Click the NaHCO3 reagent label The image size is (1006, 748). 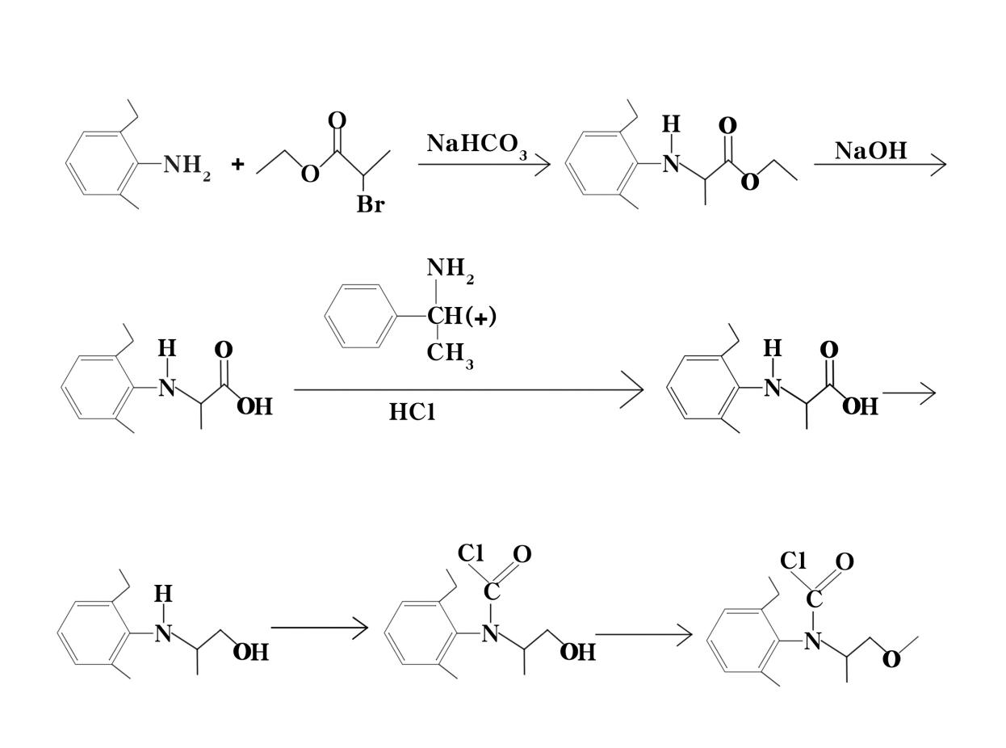[x=476, y=145]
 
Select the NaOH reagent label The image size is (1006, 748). [x=870, y=150]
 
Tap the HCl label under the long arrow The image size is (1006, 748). [x=412, y=412]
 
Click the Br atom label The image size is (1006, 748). [x=371, y=205]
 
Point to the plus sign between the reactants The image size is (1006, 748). [x=237, y=165]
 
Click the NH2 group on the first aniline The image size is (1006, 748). [x=187, y=166]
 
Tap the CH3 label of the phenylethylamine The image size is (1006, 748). [x=450, y=354]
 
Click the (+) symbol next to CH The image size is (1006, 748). [x=481, y=317]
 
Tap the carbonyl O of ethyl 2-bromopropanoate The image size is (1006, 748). [x=337, y=121]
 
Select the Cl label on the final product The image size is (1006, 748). [x=794, y=561]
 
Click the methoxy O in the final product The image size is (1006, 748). [x=891, y=660]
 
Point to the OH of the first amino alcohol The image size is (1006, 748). [x=251, y=652]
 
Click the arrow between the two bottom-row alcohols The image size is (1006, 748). [x=320, y=627]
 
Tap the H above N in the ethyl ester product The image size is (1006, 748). [x=671, y=124]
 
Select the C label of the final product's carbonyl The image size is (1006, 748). [x=814, y=600]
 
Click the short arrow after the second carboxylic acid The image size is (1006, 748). [x=909, y=393]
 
